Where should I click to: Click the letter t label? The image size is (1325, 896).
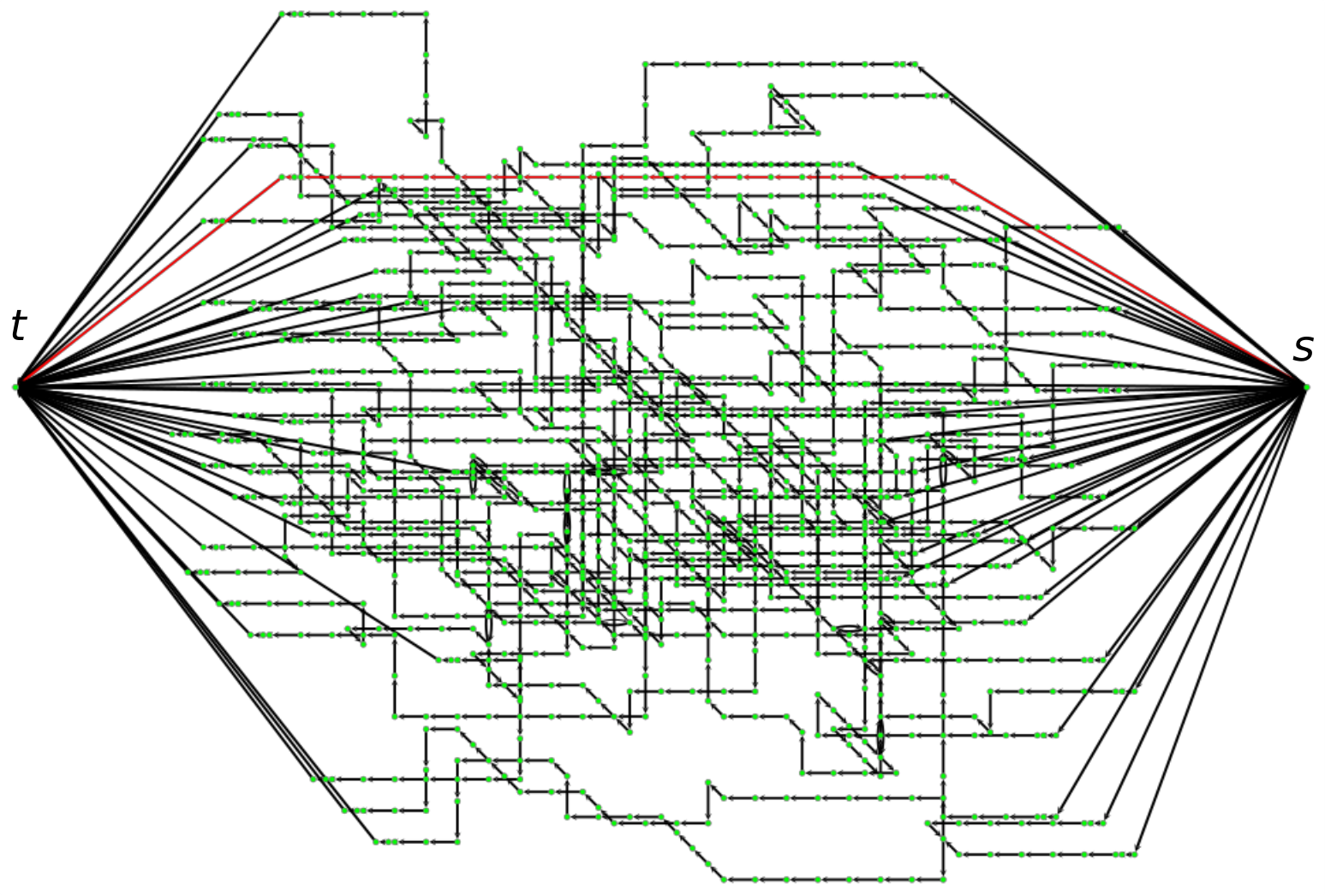pos(18,326)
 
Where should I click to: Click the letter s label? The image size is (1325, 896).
pos(1303,348)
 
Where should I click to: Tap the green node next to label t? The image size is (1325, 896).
pos(16,387)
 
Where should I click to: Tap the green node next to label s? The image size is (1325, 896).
pos(1306,387)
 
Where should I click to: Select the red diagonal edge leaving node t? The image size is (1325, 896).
pos(150,282)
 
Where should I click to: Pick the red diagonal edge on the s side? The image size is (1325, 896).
pos(1126,282)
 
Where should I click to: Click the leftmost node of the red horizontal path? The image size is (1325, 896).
pos(282,176)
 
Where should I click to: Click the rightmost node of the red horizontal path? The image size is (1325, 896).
pos(946,176)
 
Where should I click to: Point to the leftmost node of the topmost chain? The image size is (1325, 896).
pos(282,14)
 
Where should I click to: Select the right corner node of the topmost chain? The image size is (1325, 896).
pos(426,14)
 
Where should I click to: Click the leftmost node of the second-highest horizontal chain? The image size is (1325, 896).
pos(645,64)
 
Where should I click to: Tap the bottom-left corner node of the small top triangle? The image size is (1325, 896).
pos(771,127)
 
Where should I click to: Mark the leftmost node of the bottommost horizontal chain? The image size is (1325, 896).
pos(724,880)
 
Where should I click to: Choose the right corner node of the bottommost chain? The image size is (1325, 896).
pos(943,880)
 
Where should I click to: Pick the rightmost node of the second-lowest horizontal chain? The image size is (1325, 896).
pos(1135,854)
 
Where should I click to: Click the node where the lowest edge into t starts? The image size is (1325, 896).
pos(376,841)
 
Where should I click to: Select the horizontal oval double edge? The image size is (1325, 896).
pos(849,629)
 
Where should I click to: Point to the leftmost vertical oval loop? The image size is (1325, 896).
pos(473,473)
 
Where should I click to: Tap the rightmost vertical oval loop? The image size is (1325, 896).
pos(943,467)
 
